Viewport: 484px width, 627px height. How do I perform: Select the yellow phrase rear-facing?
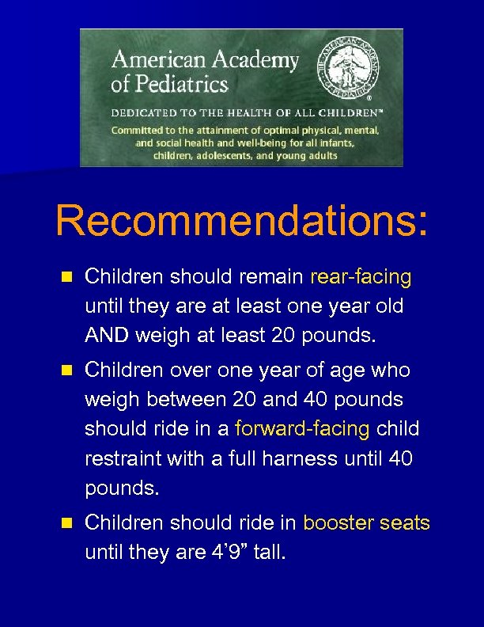361,277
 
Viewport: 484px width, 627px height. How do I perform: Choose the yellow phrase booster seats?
366,523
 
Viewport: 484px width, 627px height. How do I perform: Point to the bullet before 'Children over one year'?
66,370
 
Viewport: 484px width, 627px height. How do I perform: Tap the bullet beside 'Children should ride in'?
66,523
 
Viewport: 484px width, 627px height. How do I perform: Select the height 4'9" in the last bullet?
228,553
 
